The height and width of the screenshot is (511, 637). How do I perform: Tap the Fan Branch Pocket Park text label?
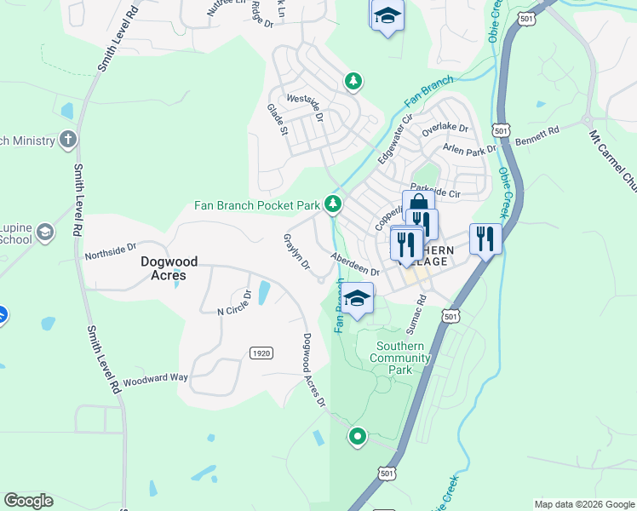pos(255,205)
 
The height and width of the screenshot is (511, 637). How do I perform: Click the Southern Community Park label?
pos(400,358)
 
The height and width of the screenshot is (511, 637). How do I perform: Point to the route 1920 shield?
pos(261,353)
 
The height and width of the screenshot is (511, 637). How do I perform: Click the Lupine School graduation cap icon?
pos(45,232)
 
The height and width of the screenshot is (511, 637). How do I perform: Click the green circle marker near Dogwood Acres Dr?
pos(357,437)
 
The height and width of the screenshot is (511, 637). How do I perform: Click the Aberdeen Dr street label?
pos(354,265)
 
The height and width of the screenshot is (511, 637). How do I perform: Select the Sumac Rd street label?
pos(421,313)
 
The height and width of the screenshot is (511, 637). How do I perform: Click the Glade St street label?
pos(278,120)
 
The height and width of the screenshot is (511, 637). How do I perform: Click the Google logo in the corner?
pos(28,501)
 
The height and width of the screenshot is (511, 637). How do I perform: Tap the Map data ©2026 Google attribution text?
pos(583,504)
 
